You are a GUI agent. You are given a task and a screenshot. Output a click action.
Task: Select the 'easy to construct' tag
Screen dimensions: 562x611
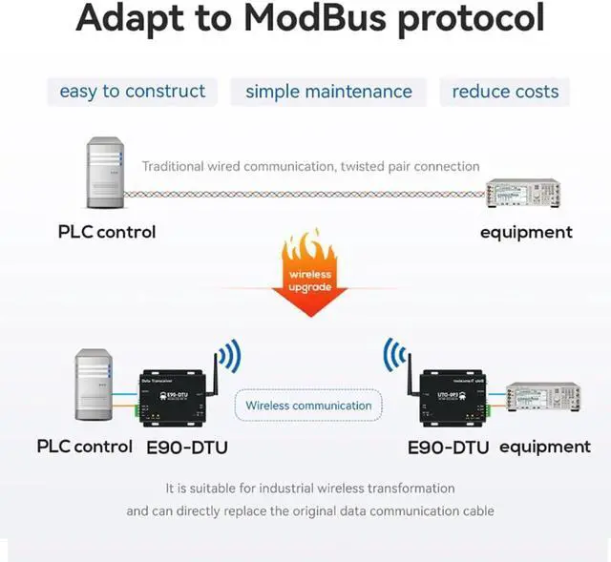(133, 92)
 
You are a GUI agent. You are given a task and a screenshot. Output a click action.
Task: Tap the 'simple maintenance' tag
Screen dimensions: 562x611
(328, 92)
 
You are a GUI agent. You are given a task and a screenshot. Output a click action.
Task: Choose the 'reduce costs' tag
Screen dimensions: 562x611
(505, 92)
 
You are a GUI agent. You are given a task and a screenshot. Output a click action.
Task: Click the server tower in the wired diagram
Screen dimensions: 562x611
(104, 173)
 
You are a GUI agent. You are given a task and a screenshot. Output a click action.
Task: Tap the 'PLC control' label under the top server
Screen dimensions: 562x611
(106, 232)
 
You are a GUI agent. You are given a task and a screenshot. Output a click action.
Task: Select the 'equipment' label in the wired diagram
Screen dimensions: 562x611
(526, 232)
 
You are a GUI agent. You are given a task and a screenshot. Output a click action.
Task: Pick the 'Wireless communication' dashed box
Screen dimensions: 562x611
(308, 406)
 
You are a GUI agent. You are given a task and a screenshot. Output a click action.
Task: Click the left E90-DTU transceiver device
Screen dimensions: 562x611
(172, 395)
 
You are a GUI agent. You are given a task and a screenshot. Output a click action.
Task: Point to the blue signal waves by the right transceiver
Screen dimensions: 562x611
(394, 356)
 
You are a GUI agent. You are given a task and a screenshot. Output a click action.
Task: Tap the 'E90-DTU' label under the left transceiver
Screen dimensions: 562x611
(187, 447)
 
